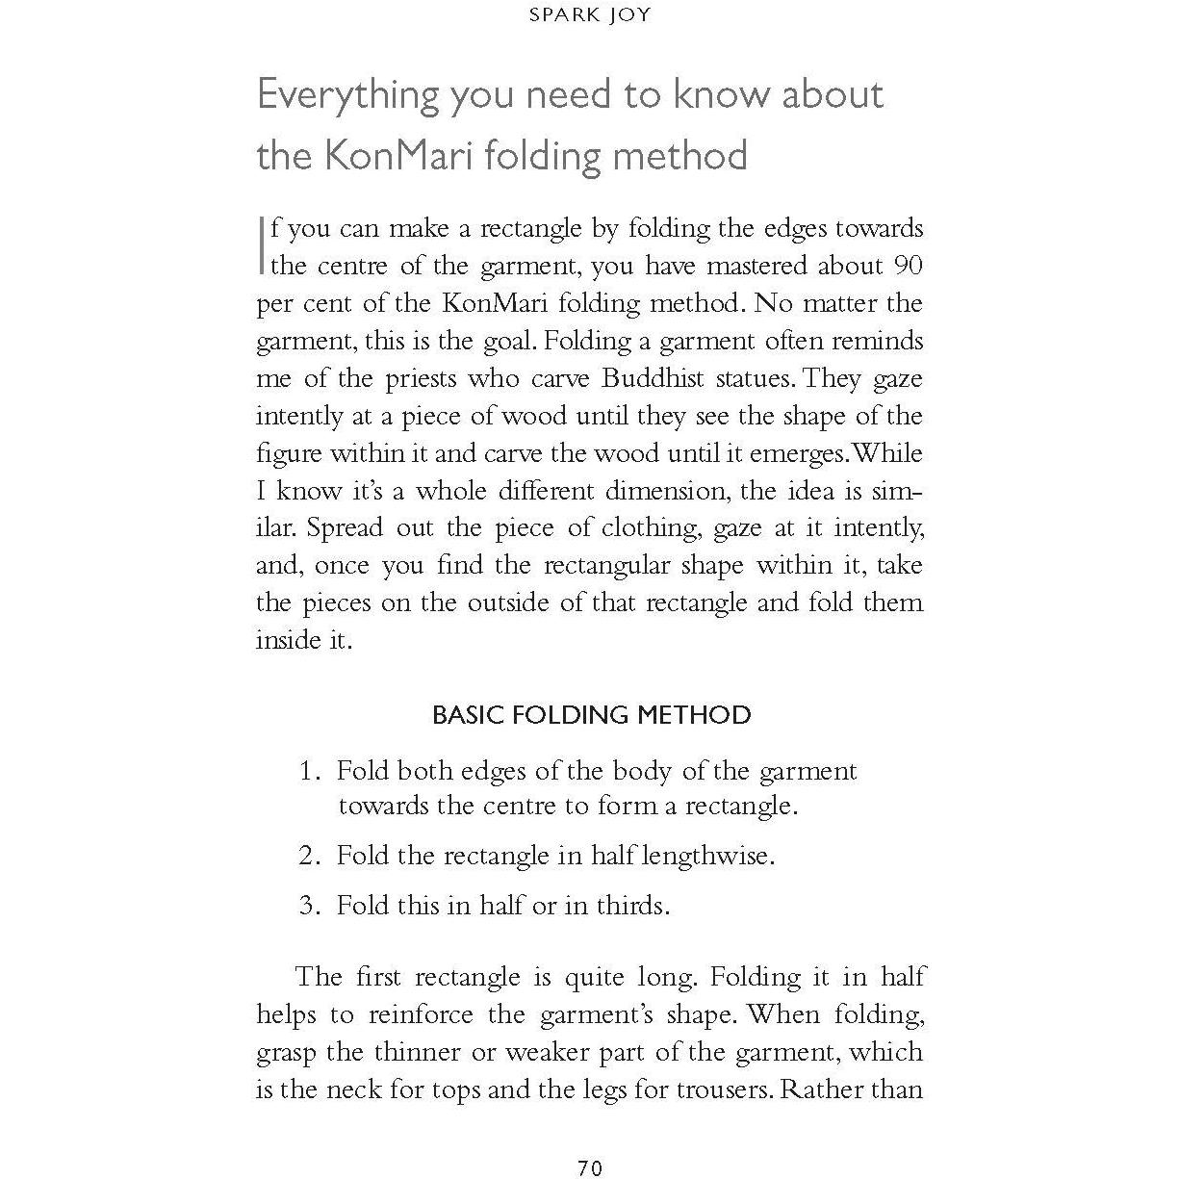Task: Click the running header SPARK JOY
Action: coord(590,14)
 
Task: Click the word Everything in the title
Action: coord(346,95)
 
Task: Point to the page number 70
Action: coord(590,1167)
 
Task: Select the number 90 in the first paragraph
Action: coord(908,266)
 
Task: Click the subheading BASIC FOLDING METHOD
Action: coord(591,715)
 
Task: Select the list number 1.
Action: coord(308,771)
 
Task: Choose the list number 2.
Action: coord(308,856)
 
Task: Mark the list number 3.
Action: coord(308,906)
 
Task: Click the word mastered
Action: coord(754,266)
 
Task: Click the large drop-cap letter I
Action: coord(262,245)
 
